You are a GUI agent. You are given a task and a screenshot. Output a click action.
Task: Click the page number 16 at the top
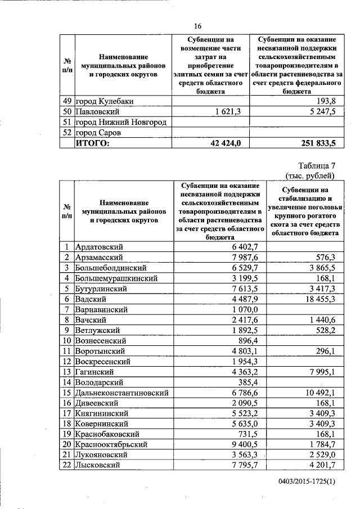tap(197, 26)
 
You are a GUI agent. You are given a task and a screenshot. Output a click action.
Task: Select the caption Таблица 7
tap(315, 165)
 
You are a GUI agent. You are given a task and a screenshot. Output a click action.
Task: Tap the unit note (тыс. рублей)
tap(313, 175)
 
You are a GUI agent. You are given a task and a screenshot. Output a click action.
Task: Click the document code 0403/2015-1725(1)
tap(306, 481)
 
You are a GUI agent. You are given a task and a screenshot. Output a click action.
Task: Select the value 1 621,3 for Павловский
tap(228, 112)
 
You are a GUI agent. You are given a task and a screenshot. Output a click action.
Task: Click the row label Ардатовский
tap(100, 246)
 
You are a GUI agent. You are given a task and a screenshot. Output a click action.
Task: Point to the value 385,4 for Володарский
tap(246, 382)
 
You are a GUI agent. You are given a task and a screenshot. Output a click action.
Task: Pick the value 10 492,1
tap(318, 392)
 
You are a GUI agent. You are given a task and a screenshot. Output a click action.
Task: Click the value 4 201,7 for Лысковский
tap(320, 465)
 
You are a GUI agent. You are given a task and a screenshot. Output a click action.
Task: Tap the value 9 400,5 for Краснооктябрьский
tap(242, 444)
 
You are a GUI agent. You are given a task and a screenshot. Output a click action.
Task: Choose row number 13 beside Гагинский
tap(67, 371)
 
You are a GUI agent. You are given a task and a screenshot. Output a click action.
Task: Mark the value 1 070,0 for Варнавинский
tap(242, 309)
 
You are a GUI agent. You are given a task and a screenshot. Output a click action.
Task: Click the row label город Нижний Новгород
tap(121, 123)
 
